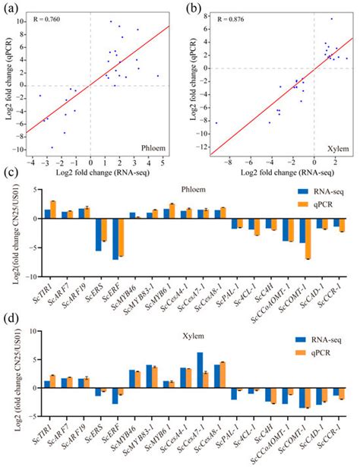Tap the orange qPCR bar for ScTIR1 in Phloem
[x=53, y=210]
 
